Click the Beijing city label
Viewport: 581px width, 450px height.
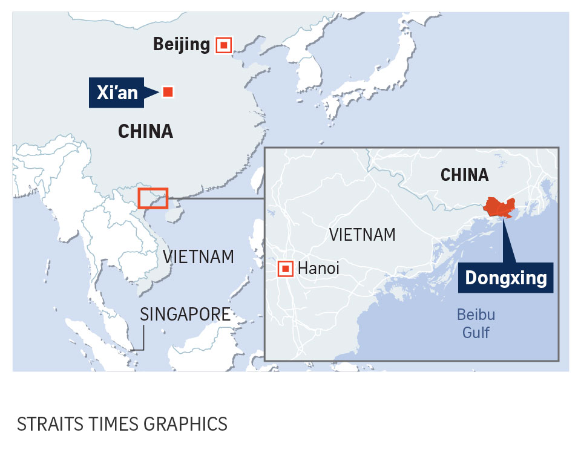pos(181,44)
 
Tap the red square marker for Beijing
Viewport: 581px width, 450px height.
pos(224,44)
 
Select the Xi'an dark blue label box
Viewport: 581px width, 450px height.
pos(117,93)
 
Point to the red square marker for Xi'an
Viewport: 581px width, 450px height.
pos(168,92)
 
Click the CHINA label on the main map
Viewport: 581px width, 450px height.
pos(145,131)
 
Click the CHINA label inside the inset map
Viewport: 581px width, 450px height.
pos(464,175)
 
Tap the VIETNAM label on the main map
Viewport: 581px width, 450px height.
pos(199,256)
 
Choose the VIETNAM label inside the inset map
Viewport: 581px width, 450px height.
pos(363,235)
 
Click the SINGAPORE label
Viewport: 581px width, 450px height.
pos(185,314)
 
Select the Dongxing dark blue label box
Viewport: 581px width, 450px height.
pos(505,278)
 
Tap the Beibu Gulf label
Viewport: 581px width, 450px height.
pos(476,324)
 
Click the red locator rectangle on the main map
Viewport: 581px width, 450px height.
pos(153,198)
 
